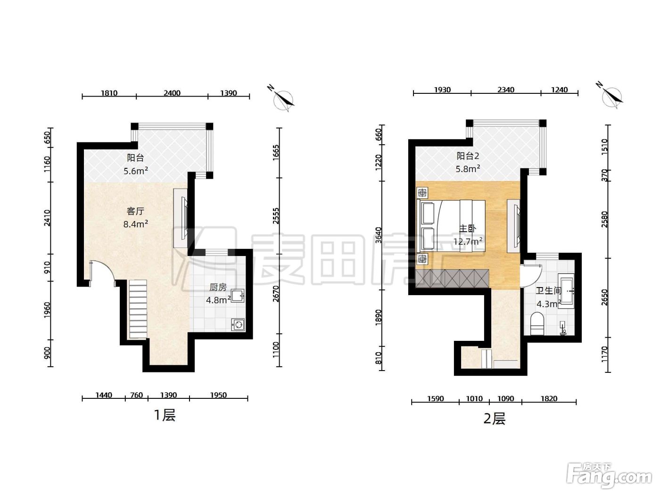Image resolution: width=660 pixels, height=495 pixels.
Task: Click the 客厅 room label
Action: click(135, 211)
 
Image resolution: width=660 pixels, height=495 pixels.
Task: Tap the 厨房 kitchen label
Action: click(218, 287)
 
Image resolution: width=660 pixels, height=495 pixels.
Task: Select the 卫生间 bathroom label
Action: click(549, 290)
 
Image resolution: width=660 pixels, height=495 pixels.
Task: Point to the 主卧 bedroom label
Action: click(468, 229)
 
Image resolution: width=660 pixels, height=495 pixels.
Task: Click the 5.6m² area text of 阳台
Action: click(136, 171)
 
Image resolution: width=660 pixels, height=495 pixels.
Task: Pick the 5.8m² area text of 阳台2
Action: click(468, 169)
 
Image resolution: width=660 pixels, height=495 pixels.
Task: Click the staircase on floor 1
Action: click(138, 309)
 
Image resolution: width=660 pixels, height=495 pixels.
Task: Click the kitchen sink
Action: click(238, 296)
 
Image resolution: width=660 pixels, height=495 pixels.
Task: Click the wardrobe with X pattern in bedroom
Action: click(453, 278)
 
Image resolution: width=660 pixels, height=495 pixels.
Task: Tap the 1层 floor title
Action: click(165, 416)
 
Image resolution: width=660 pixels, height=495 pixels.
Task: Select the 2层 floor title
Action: click(495, 419)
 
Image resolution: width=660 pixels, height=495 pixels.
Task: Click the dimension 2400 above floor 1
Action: click(172, 93)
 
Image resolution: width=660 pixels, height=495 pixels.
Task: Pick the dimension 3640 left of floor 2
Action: click(379, 235)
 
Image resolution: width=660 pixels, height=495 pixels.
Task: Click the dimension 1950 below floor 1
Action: click(218, 395)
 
